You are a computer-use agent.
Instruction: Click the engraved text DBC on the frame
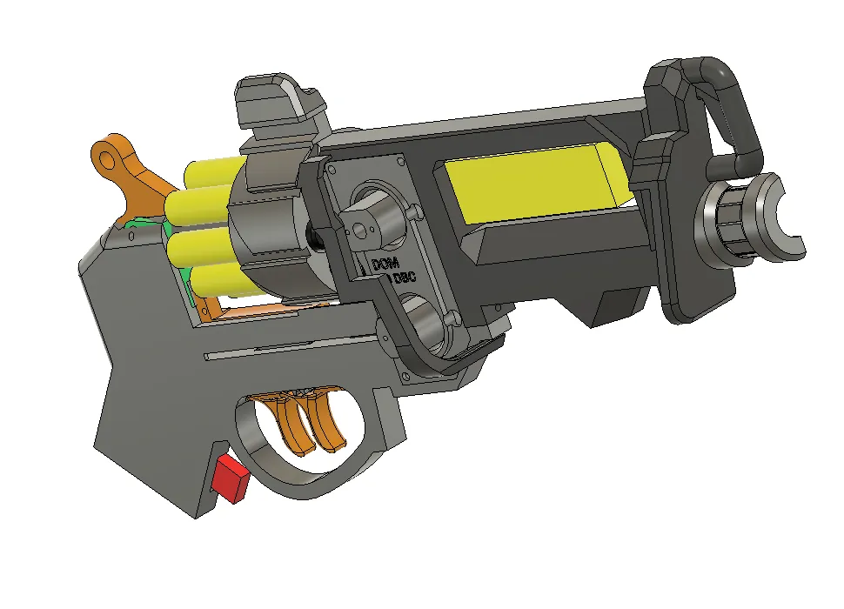tap(404, 280)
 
